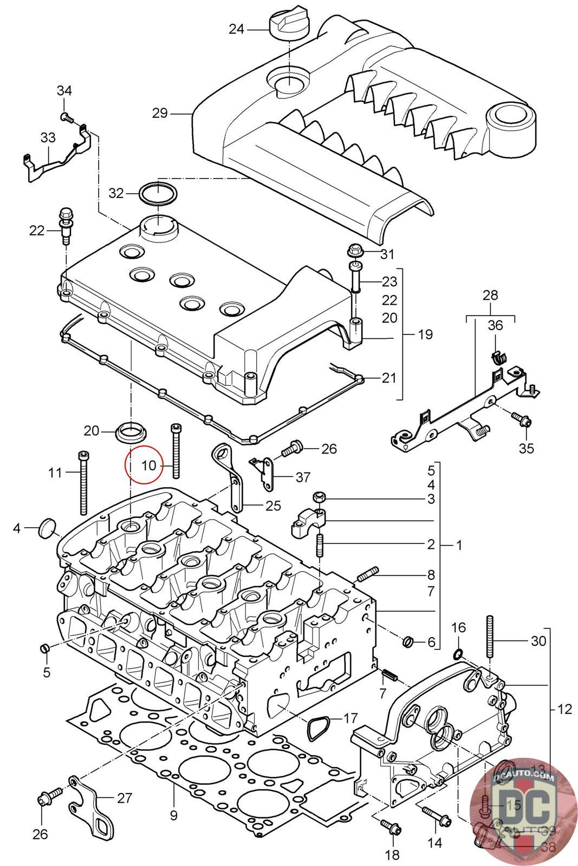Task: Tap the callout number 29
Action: point(160,114)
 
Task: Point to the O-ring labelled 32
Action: point(157,193)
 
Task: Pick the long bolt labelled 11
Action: point(83,482)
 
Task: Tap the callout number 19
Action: point(426,334)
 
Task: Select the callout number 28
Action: point(490,296)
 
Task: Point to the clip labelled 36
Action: point(498,357)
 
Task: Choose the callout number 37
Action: point(303,477)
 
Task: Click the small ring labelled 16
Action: point(458,654)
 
